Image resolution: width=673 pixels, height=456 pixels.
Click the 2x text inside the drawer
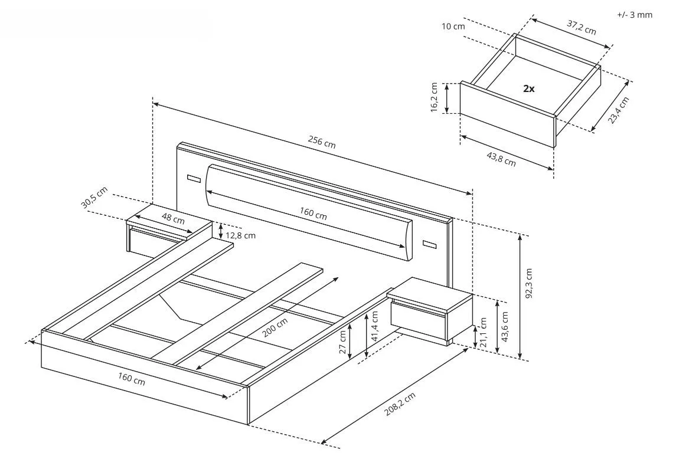(x=528, y=88)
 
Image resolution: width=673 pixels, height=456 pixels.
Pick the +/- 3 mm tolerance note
(x=635, y=15)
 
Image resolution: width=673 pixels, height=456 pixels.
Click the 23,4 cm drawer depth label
(x=619, y=110)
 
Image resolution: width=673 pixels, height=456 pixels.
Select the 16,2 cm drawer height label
(x=434, y=97)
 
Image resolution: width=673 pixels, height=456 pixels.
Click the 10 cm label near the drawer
(x=453, y=26)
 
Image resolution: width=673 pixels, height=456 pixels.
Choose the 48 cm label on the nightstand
(x=173, y=219)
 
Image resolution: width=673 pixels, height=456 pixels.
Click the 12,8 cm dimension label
(x=241, y=235)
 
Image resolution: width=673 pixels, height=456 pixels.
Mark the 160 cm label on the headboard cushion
(x=313, y=215)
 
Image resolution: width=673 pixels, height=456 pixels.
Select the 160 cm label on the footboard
(x=131, y=380)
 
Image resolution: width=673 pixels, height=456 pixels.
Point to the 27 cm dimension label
(x=342, y=340)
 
